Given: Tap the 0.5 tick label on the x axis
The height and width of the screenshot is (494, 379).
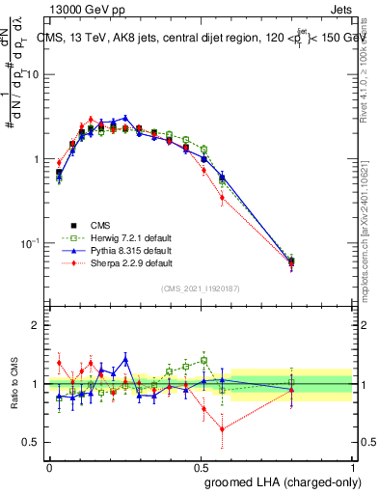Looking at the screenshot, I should point(201,467).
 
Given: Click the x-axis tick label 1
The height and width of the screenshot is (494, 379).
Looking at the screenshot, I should point(353,467).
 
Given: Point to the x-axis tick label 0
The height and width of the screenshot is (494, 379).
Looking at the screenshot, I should point(49,467).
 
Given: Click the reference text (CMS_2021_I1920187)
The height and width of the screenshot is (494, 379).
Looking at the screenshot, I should point(200,288).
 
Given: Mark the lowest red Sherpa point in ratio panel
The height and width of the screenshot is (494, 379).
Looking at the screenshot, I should point(223,429).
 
